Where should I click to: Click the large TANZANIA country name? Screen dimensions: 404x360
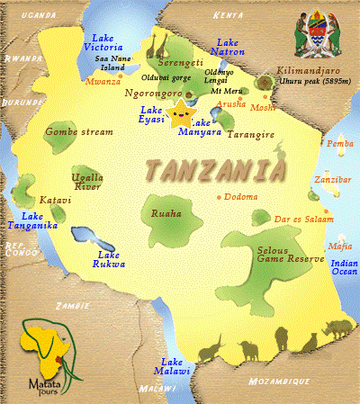tap(216, 169)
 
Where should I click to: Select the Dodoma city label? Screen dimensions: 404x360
tap(242, 197)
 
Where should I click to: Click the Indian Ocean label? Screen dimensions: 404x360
tap(344, 266)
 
